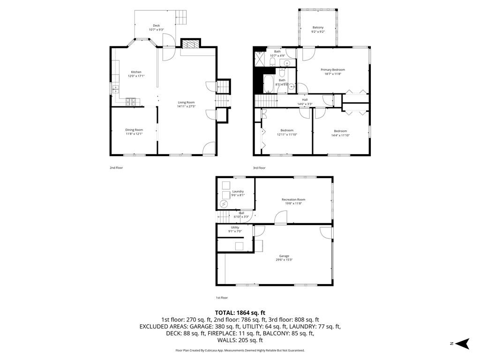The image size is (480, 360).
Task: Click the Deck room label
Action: pos(156,26)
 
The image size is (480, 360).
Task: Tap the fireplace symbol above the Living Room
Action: pos(190,45)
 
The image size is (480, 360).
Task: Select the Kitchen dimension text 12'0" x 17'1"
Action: pos(136,76)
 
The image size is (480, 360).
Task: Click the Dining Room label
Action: pos(134,130)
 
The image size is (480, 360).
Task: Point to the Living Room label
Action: pos(186,102)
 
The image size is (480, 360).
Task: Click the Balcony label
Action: pos(318,28)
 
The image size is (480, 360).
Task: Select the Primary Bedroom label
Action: pos(333,69)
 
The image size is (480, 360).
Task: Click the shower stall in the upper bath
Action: pos(259,58)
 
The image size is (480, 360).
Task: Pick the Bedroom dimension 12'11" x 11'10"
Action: pos(287,135)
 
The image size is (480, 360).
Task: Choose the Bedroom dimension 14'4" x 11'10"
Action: pos(340,135)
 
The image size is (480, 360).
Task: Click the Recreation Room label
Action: pos(294,200)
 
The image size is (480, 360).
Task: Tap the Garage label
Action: pos(285,256)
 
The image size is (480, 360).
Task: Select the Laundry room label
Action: pos(238,191)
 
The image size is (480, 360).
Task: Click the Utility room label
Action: pos(235,227)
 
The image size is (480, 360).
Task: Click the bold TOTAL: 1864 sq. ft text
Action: pos(240,313)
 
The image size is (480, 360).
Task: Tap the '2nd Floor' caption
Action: pos(116,168)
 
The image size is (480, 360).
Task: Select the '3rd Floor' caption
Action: pos(259,168)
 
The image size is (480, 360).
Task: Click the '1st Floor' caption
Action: pos(222,298)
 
